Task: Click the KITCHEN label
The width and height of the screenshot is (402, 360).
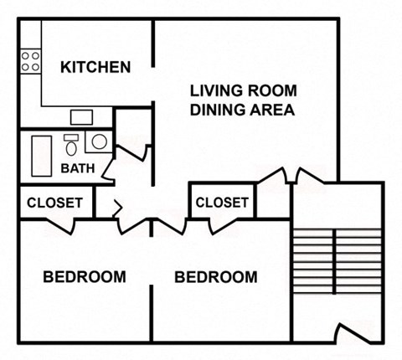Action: point(95,67)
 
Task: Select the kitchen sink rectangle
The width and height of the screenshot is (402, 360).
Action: point(81,116)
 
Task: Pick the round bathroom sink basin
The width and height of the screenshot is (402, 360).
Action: point(99,141)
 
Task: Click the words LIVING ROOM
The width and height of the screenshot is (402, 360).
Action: point(243,90)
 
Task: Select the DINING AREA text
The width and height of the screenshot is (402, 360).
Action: point(243,110)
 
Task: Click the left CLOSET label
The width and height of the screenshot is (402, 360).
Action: point(54,203)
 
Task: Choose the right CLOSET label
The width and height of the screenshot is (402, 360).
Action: point(222,203)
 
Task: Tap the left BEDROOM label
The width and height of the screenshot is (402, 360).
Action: point(85,276)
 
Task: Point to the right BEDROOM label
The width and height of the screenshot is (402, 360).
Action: point(216,276)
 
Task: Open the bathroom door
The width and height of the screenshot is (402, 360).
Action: point(125,159)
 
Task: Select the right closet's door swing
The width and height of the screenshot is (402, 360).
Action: point(219,224)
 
